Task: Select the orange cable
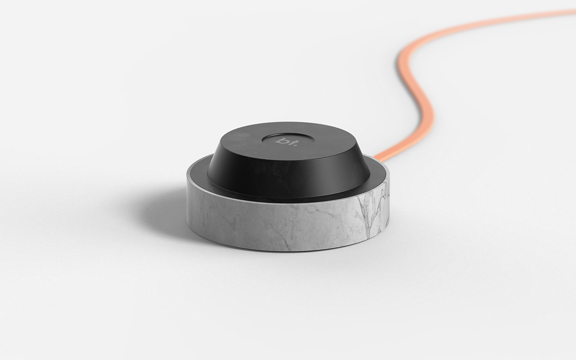[422, 96]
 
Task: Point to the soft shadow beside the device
[158, 211]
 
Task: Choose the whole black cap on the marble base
[288, 163]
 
